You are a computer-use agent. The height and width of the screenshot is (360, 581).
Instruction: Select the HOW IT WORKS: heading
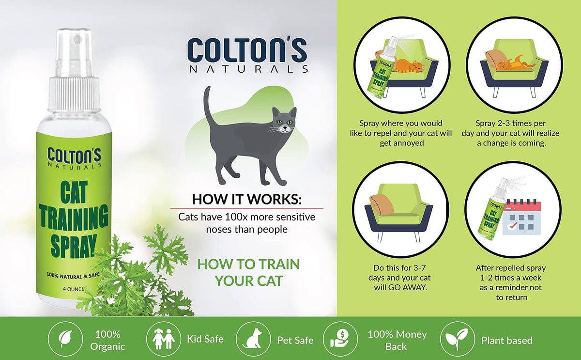click(x=246, y=199)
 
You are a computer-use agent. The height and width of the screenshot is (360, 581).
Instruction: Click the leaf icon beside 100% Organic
click(x=65, y=339)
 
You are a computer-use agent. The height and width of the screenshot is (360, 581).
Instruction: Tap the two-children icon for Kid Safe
click(x=164, y=339)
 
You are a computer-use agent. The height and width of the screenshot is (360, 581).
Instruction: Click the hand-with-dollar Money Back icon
click(x=340, y=339)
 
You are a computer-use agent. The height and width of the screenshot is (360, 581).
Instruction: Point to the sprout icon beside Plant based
click(x=457, y=339)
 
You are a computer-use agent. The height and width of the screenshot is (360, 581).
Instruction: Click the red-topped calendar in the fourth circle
click(x=521, y=218)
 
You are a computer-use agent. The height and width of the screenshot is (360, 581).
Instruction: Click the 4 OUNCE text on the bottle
click(x=74, y=289)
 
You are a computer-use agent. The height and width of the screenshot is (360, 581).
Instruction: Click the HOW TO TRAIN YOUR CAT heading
click(x=248, y=272)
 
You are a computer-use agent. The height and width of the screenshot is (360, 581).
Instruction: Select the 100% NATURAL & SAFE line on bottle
click(x=73, y=276)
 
